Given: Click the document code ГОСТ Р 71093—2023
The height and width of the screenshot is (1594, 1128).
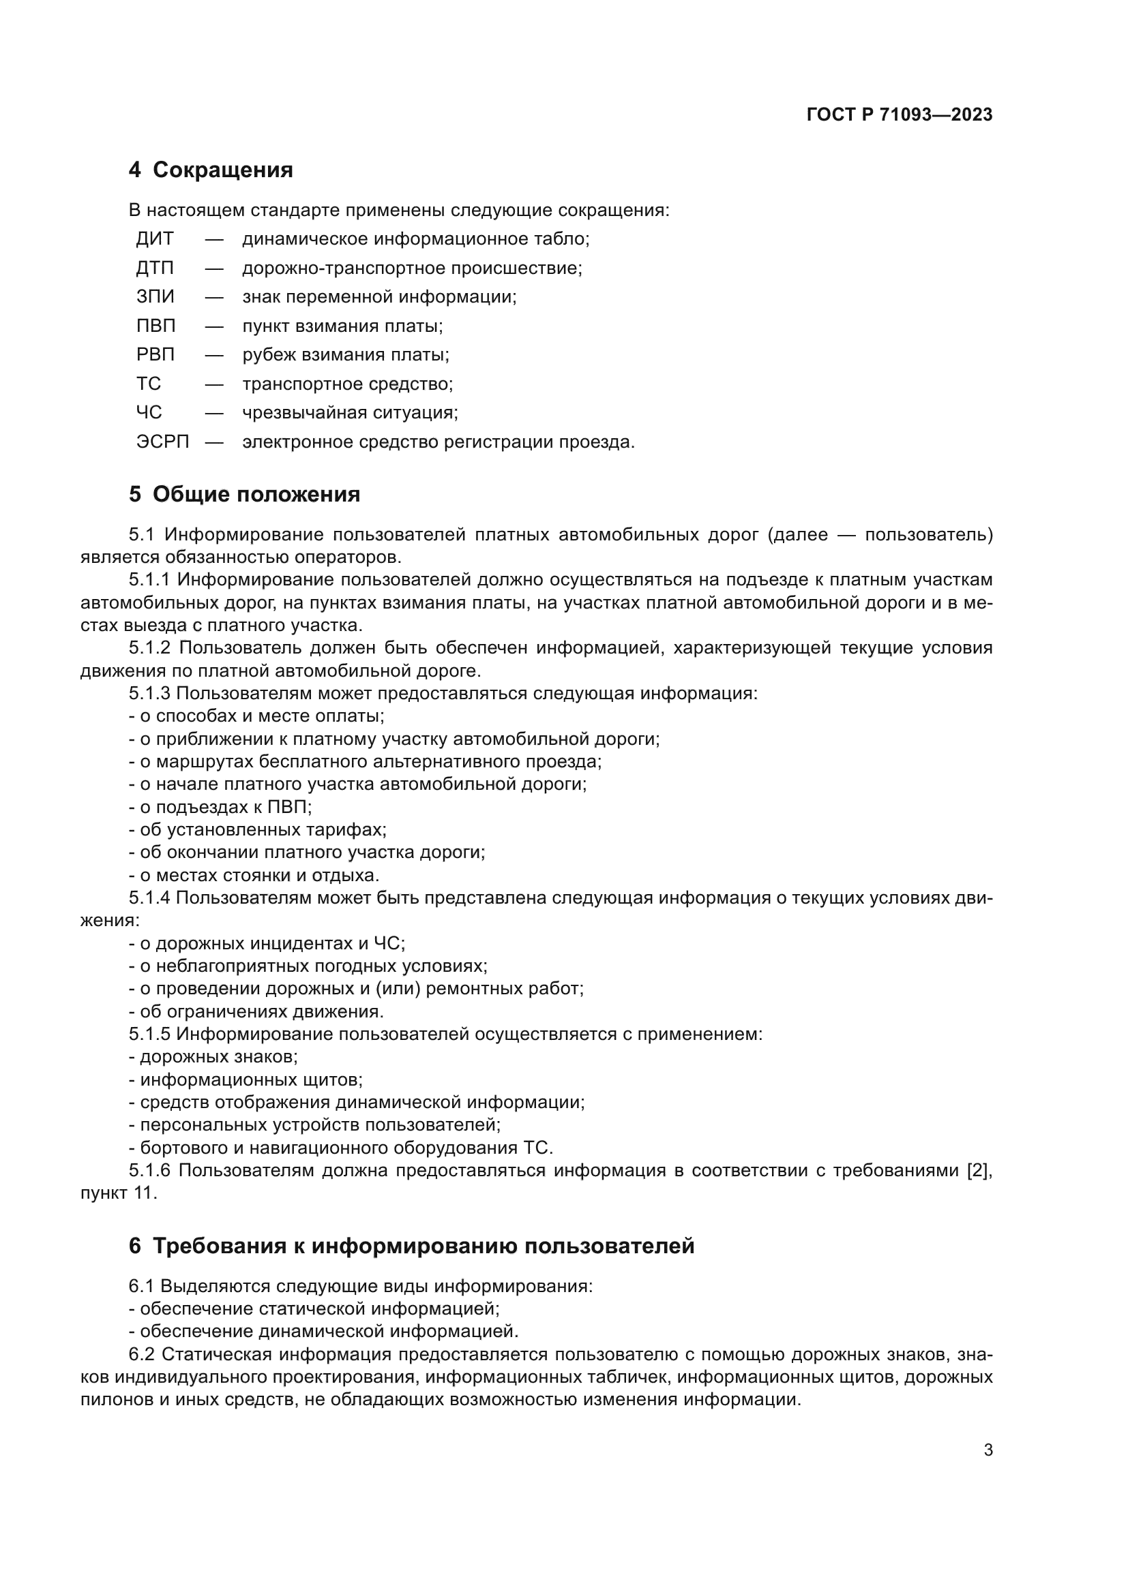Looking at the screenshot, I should tap(899, 114).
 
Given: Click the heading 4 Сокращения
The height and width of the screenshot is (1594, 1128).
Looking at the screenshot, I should tap(211, 170).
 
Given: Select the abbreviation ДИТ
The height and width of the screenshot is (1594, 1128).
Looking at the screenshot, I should tap(154, 239).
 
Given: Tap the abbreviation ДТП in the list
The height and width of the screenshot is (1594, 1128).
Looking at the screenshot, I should tap(154, 268).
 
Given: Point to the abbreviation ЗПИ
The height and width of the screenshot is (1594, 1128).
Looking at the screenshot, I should tap(155, 297).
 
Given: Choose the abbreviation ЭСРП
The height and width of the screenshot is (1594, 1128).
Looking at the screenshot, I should tap(162, 442).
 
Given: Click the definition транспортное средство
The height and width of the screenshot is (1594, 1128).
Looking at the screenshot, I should tap(347, 384).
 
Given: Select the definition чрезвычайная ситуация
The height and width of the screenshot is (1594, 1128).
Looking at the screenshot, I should tap(349, 413).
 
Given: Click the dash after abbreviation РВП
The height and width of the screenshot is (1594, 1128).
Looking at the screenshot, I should tap(214, 355).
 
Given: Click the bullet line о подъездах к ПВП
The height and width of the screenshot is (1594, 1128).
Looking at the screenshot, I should tap(221, 807).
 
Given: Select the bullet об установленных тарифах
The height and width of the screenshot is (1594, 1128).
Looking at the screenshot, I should tap(258, 829).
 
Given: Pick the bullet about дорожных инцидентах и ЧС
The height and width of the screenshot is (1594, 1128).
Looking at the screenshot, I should tap(267, 943).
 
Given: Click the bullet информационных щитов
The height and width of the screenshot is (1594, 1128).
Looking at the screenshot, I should tap(246, 1079).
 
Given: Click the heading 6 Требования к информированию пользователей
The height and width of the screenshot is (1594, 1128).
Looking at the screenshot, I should tap(411, 1246).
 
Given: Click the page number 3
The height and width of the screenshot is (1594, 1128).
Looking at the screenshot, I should tap(988, 1450).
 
